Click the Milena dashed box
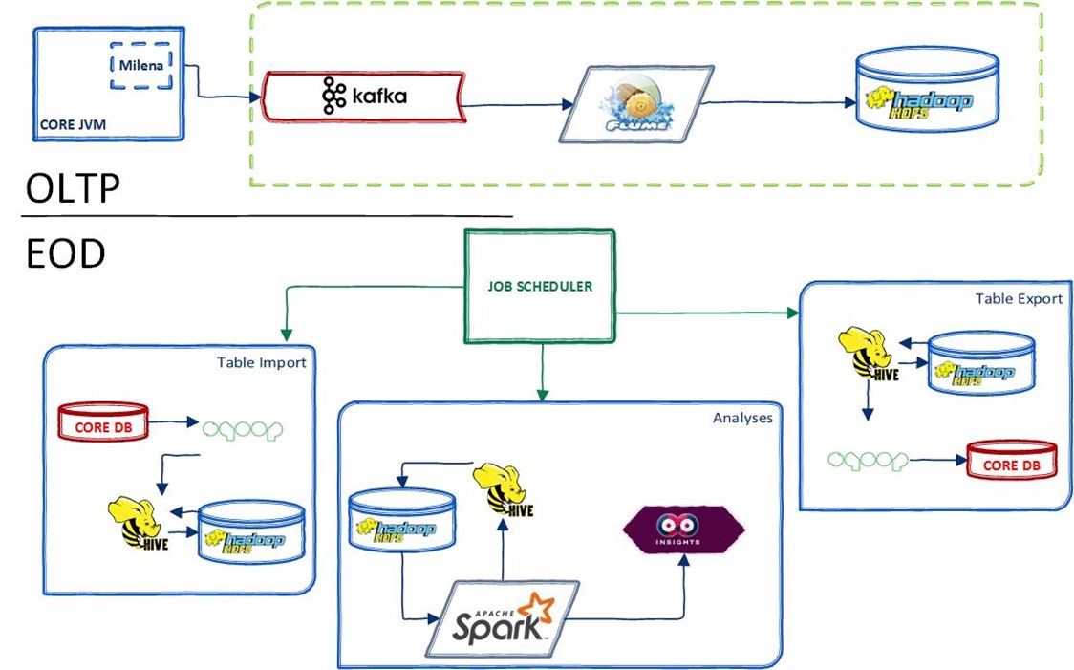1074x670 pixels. tap(140, 65)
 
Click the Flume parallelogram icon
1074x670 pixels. tap(636, 103)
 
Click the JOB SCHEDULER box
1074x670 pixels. tap(540, 285)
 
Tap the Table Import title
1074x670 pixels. tap(261, 362)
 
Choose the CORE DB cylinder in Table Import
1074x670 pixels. tap(104, 421)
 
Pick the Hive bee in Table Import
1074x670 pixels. tap(133, 522)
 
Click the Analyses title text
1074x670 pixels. tap(741, 418)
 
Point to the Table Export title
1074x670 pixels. tap(1019, 298)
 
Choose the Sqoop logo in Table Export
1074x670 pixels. tap(866, 460)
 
